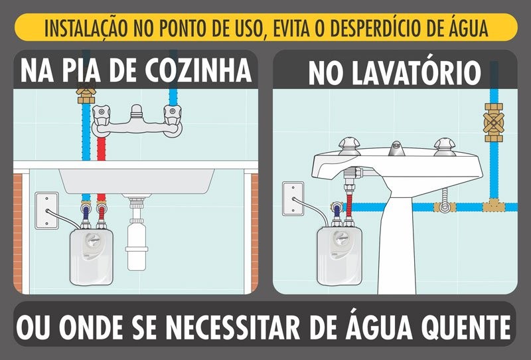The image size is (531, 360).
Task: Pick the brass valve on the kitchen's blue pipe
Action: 85,94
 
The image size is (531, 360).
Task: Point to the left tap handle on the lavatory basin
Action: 349,145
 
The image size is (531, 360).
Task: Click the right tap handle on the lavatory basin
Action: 443,145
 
